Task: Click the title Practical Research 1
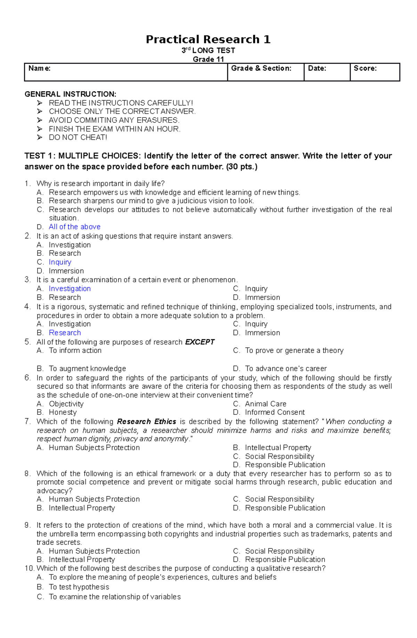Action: pyautogui.click(x=208, y=39)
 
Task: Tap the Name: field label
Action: pyautogui.click(x=39, y=68)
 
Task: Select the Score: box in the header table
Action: pyautogui.click(x=375, y=72)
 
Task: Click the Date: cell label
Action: pyautogui.click(x=317, y=68)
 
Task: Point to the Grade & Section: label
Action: pyautogui.click(x=261, y=68)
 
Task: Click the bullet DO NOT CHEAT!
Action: pyautogui.click(x=78, y=137)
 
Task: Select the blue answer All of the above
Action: pyautogui.click(x=74, y=227)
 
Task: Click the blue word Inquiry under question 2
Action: pyautogui.click(x=60, y=262)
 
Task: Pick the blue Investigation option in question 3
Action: pyautogui.click(x=69, y=289)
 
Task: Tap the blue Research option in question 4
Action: pyautogui.click(x=65, y=333)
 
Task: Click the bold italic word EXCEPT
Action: pyautogui.click(x=199, y=342)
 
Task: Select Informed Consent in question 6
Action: pyautogui.click(x=275, y=412)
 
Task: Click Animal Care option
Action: pyautogui.click(x=265, y=404)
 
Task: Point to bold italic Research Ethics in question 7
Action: pyautogui.click(x=146, y=422)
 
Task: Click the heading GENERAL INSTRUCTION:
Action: pyautogui.click(x=70, y=94)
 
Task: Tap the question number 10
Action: pyautogui.click(x=29, y=568)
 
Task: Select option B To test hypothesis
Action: pyautogui.click(x=79, y=587)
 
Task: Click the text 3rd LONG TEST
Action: pyautogui.click(x=208, y=50)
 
